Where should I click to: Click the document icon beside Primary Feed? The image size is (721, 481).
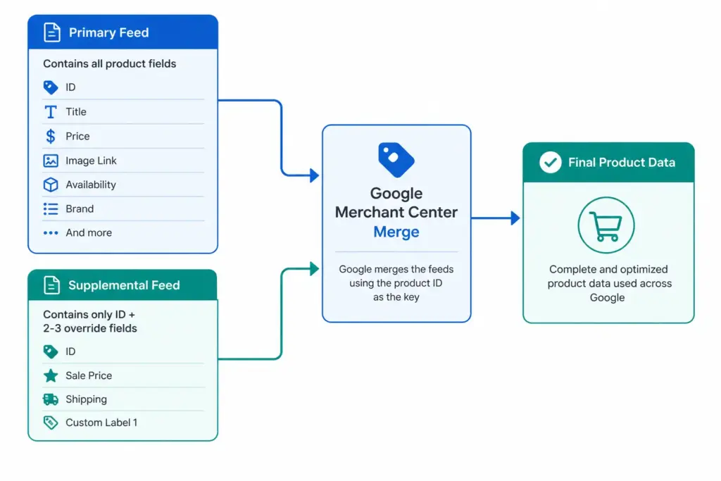[x=52, y=32]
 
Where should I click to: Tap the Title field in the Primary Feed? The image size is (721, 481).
[x=76, y=112]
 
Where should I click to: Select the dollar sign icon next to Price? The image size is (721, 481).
[x=51, y=136]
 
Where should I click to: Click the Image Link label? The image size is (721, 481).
[x=91, y=161]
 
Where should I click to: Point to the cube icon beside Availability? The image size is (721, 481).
[x=51, y=185]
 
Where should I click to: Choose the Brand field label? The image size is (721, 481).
[x=80, y=208]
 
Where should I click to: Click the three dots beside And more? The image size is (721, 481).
[x=51, y=233]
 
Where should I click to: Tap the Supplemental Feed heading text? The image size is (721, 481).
[x=124, y=285]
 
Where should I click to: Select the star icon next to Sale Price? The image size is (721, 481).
[x=51, y=375]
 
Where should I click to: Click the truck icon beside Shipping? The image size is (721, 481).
[x=51, y=399]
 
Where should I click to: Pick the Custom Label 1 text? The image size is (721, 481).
[x=101, y=423]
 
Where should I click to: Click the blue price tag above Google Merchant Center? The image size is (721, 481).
[x=396, y=160]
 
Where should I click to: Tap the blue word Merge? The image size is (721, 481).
[x=396, y=232]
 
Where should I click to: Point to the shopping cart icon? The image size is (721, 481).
[x=606, y=226]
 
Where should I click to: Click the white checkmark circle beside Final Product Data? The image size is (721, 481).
[x=550, y=162]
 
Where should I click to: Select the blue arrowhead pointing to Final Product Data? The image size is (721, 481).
[x=515, y=218]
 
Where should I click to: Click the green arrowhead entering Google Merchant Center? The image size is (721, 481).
[x=315, y=268]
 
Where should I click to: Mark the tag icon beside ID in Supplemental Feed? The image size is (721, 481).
[x=51, y=352]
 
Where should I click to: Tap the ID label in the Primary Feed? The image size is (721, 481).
[x=70, y=87]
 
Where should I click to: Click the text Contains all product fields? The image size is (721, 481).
[x=109, y=63]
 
